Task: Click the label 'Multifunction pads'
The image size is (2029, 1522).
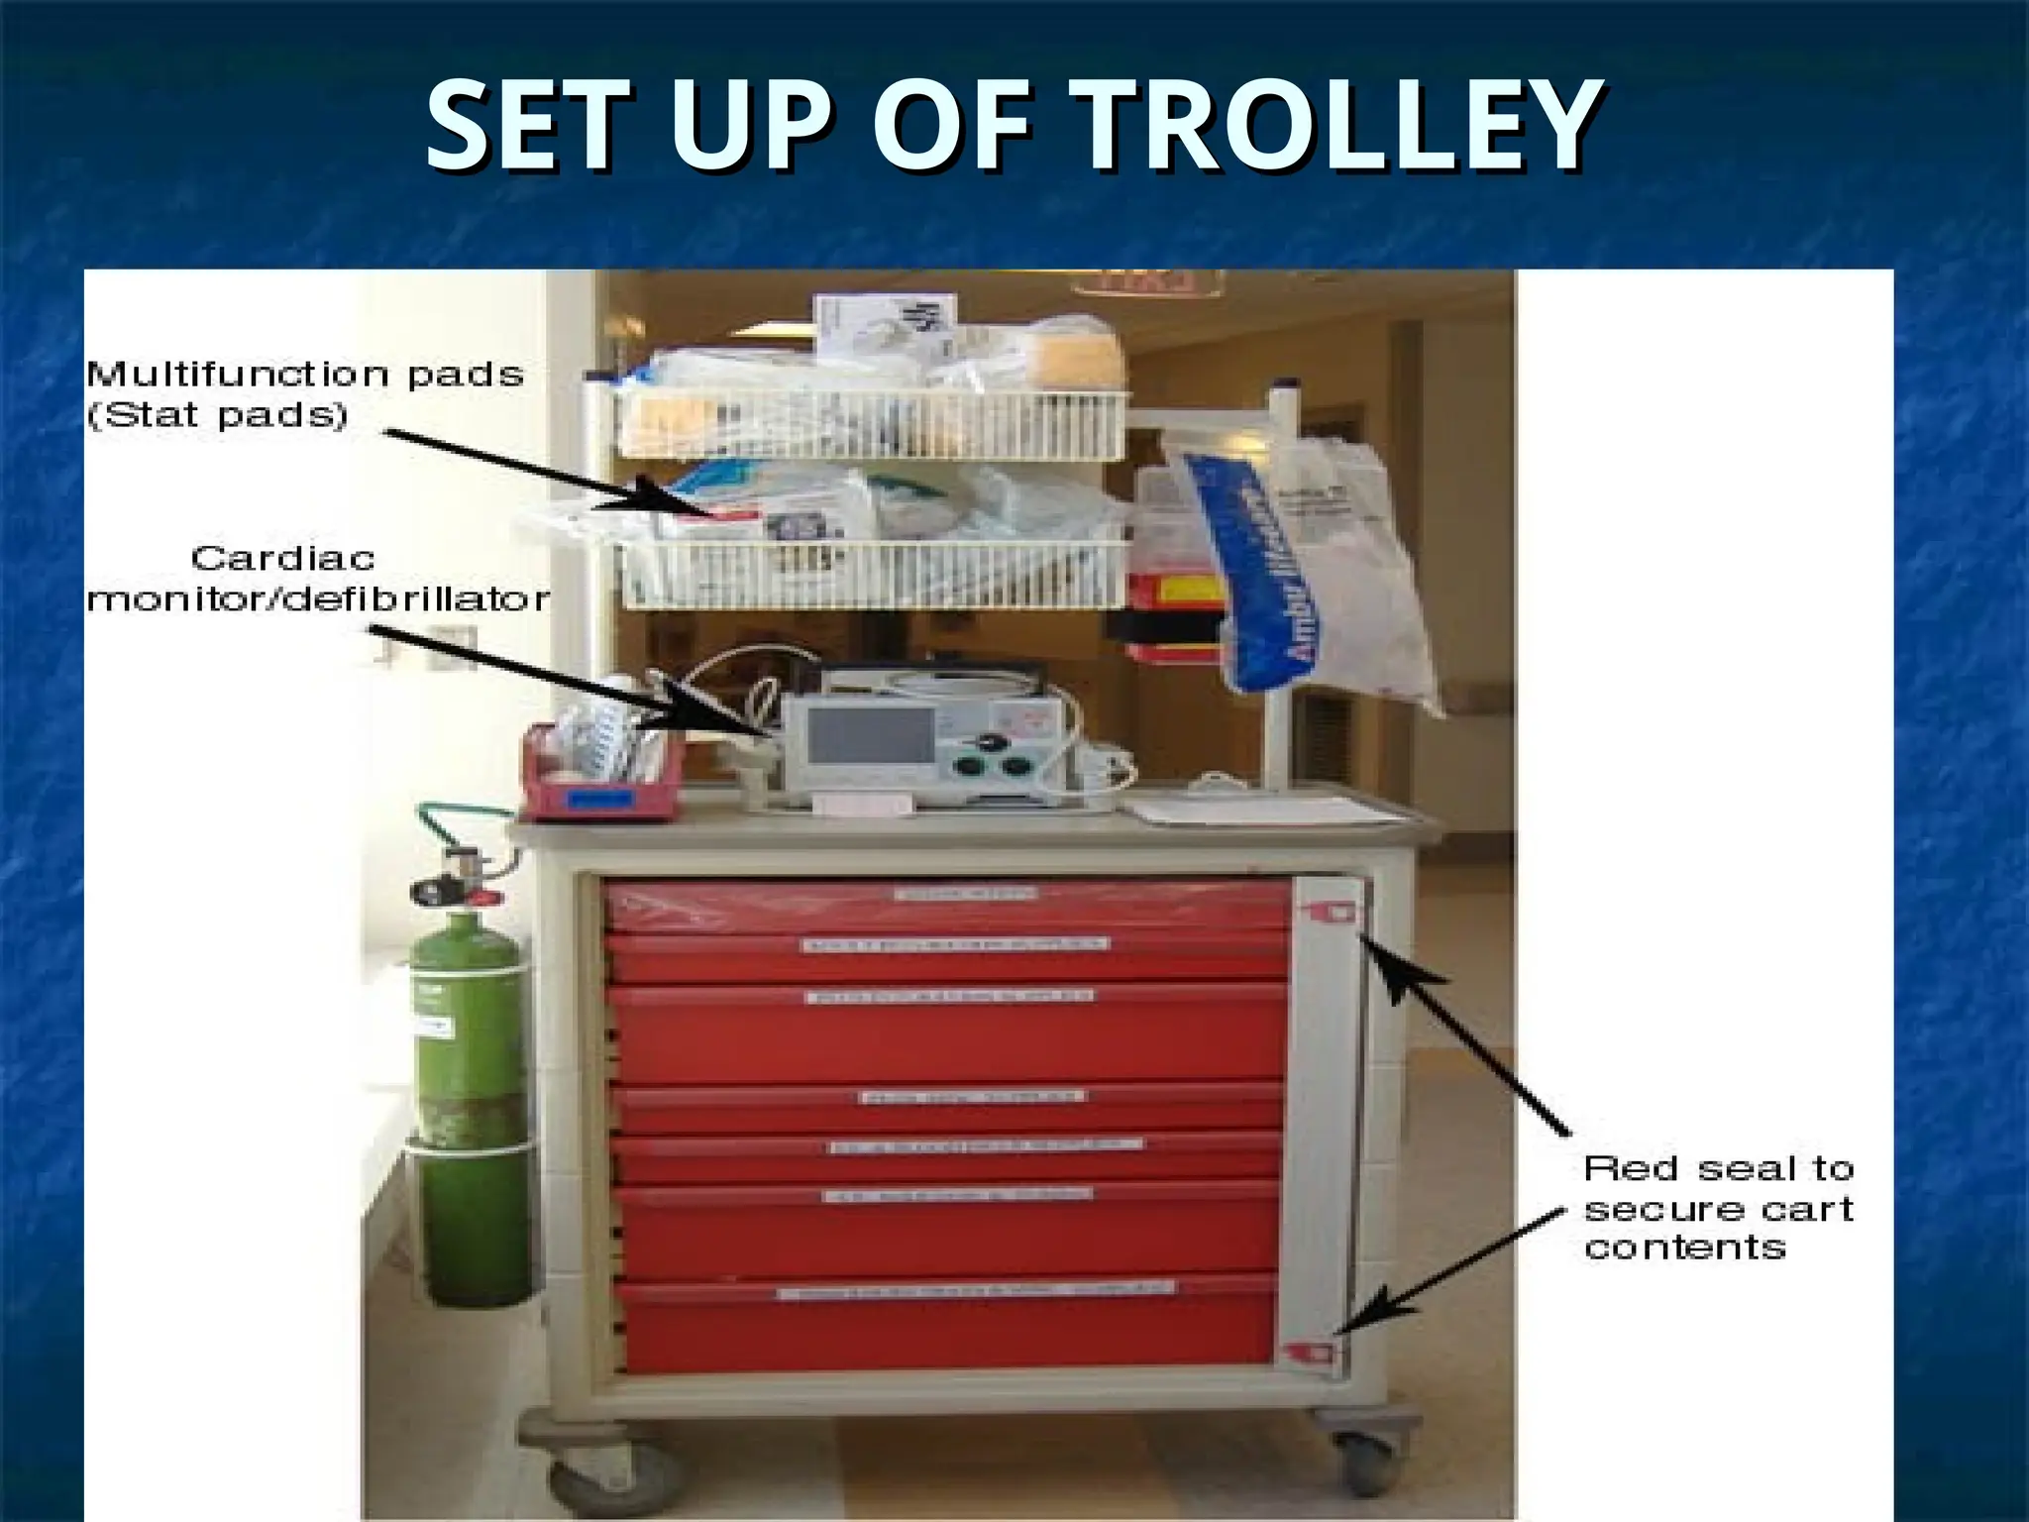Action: [x=304, y=375]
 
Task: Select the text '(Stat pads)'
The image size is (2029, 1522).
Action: [x=218, y=415]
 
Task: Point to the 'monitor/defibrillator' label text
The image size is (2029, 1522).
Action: [x=318, y=599]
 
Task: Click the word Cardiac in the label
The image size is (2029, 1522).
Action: [x=283, y=559]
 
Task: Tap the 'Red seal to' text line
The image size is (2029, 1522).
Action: [x=1718, y=1169]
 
